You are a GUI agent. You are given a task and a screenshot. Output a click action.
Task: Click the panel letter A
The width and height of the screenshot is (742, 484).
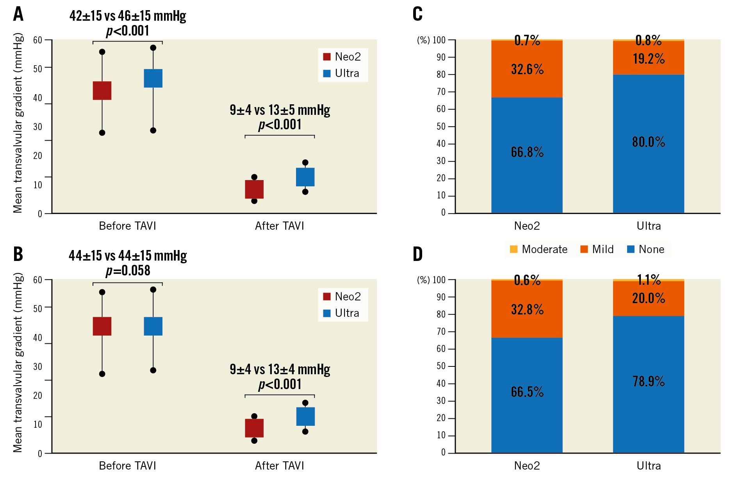click(18, 14)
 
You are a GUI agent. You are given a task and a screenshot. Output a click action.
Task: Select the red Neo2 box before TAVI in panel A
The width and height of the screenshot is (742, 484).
click(102, 91)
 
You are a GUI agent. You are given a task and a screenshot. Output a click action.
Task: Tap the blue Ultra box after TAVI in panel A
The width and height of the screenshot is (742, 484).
click(305, 177)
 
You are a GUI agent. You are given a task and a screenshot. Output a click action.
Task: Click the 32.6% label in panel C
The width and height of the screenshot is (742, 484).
click(527, 69)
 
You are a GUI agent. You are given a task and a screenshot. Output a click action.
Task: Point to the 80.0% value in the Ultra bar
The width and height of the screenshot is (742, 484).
click(648, 141)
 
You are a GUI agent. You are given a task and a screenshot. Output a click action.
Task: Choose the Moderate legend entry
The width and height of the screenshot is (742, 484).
click(539, 249)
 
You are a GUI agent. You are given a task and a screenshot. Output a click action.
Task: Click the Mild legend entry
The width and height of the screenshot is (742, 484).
click(597, 249)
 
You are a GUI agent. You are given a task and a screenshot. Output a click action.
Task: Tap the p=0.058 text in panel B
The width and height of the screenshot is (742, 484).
click(128, 270)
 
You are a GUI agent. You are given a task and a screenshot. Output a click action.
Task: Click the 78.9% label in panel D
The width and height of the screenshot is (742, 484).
click(648, 381)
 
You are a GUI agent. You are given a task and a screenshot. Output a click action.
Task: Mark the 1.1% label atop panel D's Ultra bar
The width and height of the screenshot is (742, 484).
click(649, 280)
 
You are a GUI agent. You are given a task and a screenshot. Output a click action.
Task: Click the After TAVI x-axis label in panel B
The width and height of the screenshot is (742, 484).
click(279, 466)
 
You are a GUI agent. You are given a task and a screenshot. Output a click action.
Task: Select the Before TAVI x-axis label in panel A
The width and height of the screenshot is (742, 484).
click(127, 226)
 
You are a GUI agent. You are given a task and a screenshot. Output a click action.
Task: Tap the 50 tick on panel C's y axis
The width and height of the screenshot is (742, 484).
click(441, 126)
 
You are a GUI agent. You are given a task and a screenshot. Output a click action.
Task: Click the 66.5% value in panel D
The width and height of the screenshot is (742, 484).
click(527, 391)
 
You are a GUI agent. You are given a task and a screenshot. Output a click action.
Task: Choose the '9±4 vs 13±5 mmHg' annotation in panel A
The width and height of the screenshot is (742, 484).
click(280, 110)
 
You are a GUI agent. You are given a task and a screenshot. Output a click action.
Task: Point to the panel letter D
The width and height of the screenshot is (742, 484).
click(417, 254)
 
